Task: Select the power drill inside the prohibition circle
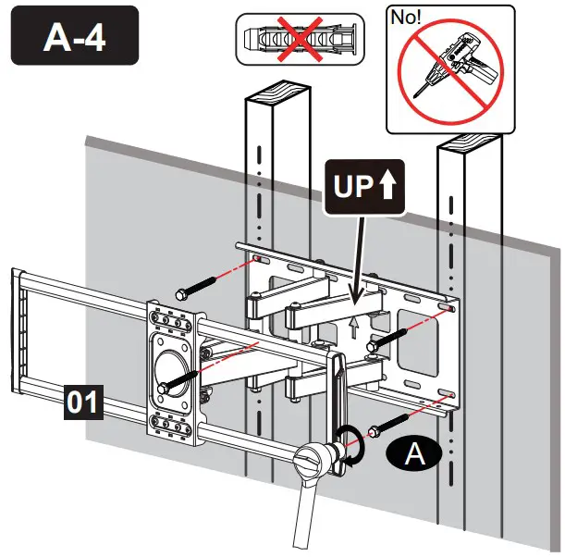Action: click(448, 72)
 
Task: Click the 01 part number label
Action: click(82, 402)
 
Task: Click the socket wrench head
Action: click(313, 460)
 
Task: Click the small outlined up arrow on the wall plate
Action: click(354, 326)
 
